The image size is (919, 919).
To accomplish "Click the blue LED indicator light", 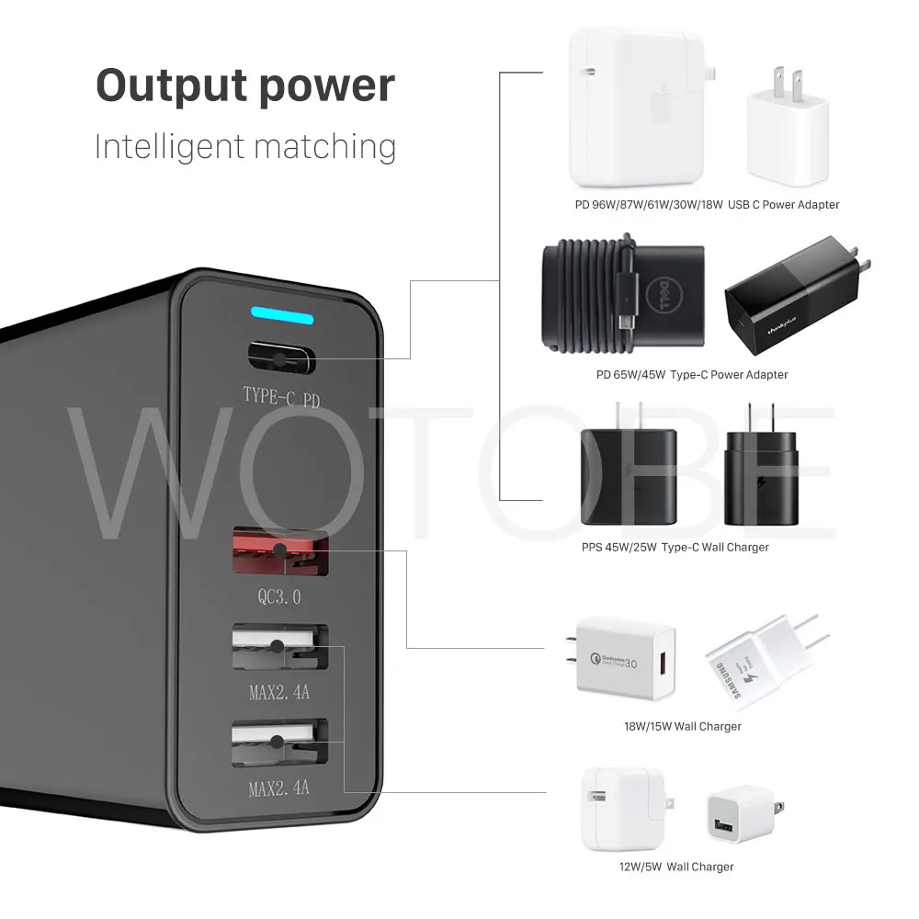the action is point(281,319).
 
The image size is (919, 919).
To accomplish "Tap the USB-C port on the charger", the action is point(281,355).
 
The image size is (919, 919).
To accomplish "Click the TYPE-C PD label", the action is point(282,395).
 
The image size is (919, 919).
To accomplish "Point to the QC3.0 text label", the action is point(278,596).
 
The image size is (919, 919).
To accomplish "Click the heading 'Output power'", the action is point(245,85).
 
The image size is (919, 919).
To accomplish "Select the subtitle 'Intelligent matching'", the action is point(245,147).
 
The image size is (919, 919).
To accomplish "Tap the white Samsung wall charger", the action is point(759,663).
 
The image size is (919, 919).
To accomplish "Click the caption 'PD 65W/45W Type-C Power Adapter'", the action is point(691,375).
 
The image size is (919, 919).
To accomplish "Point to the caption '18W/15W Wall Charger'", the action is point(682,727).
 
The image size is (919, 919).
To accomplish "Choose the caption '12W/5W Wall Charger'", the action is point(675,867).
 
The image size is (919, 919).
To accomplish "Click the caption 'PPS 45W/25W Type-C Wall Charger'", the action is point(675,548).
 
